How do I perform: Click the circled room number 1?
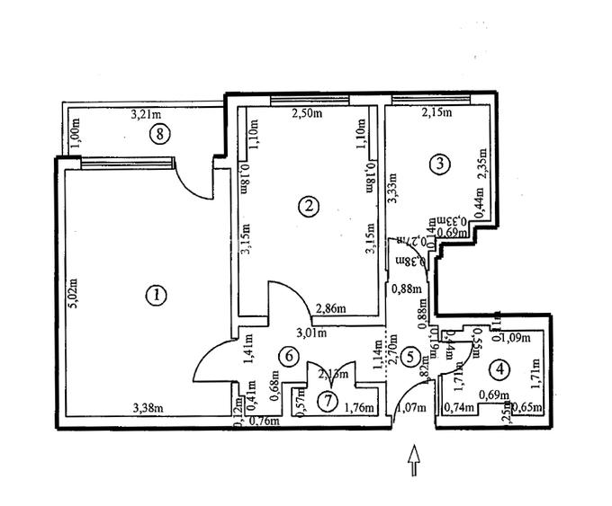[x=157, y=295]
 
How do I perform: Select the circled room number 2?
[x=309, y=206]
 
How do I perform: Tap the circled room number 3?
[x=439, y=164]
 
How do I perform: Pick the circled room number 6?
[x=288, y=357]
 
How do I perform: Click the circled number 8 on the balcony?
[x=159, y=135]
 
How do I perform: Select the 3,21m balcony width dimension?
[x=146, y=114]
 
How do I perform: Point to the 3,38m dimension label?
[x=147, y=409]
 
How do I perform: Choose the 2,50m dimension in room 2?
[x=308, y=113]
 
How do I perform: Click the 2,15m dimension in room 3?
[x=437, y=113]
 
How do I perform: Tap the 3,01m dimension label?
[x=311, y=333]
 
